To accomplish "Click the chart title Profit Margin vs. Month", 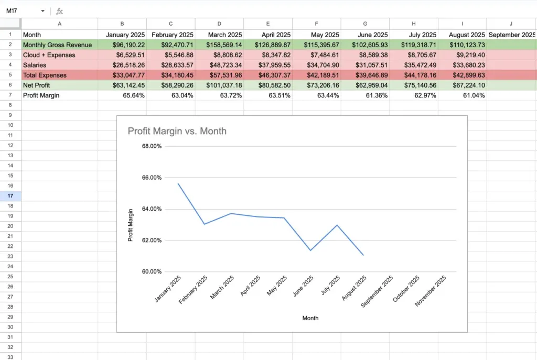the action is point(177,132).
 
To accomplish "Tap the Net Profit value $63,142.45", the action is point(129,85).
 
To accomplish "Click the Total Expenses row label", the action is point(45,75).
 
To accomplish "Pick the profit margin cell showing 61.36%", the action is point(377,95).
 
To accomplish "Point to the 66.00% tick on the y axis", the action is point(152,178).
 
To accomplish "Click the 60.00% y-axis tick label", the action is point(152,272).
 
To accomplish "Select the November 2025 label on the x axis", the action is point(431,290).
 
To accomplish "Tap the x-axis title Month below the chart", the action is point(310,318).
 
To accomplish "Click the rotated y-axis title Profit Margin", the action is point(130,225).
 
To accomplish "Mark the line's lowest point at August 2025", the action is point(363,255).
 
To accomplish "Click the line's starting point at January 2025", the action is point(178,183).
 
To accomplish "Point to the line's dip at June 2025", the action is point(310,250).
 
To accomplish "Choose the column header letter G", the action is point(365,24).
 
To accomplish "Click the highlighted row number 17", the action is point(10,196).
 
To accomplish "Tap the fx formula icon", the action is point(60,12).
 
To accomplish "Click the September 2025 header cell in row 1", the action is point(512,35).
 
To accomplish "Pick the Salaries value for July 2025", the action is point(420,65).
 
